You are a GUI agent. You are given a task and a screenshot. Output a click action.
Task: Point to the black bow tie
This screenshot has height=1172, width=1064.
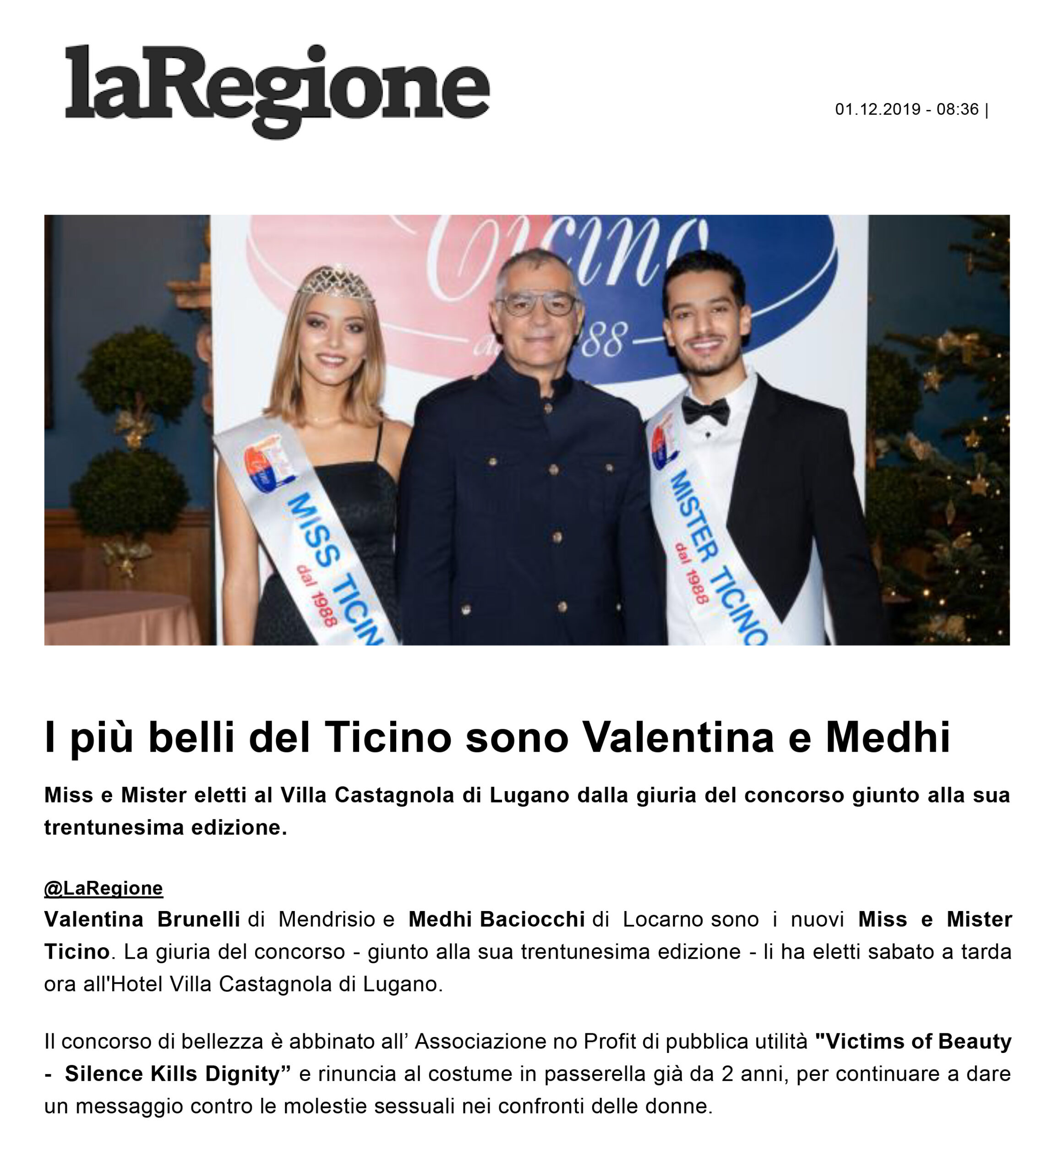(705, 411)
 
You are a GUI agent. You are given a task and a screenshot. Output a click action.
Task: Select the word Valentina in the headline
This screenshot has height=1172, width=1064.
(678, 738)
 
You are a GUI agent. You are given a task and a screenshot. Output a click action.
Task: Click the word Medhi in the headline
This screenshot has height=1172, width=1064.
(888, 738)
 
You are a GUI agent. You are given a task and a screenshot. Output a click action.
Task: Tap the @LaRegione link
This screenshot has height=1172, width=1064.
(104, 888)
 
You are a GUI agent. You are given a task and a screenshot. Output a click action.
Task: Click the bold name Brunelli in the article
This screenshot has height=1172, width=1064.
(198, 920)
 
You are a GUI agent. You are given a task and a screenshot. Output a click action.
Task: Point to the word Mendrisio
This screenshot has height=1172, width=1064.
(327, 920)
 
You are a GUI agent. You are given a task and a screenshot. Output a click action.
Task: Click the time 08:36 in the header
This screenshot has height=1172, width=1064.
(958, 109)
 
